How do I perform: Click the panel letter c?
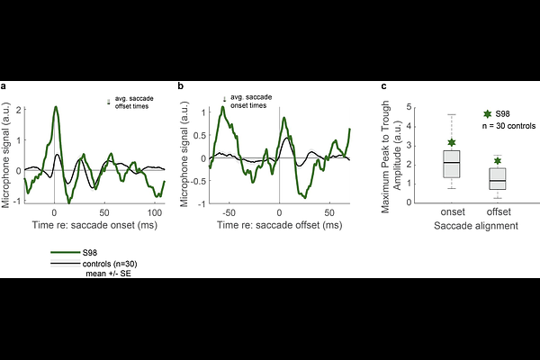pos(385,86)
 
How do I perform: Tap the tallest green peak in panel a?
pos(56,107)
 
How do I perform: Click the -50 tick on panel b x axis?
pos(230,211)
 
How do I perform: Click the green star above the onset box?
pos(452,142)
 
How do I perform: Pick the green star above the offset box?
pos(497,161)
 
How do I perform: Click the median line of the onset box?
pos(452,162)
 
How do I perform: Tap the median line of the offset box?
pos(497,180)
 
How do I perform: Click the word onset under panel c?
pos(452,212)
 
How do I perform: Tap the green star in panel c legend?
pos(488,114)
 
